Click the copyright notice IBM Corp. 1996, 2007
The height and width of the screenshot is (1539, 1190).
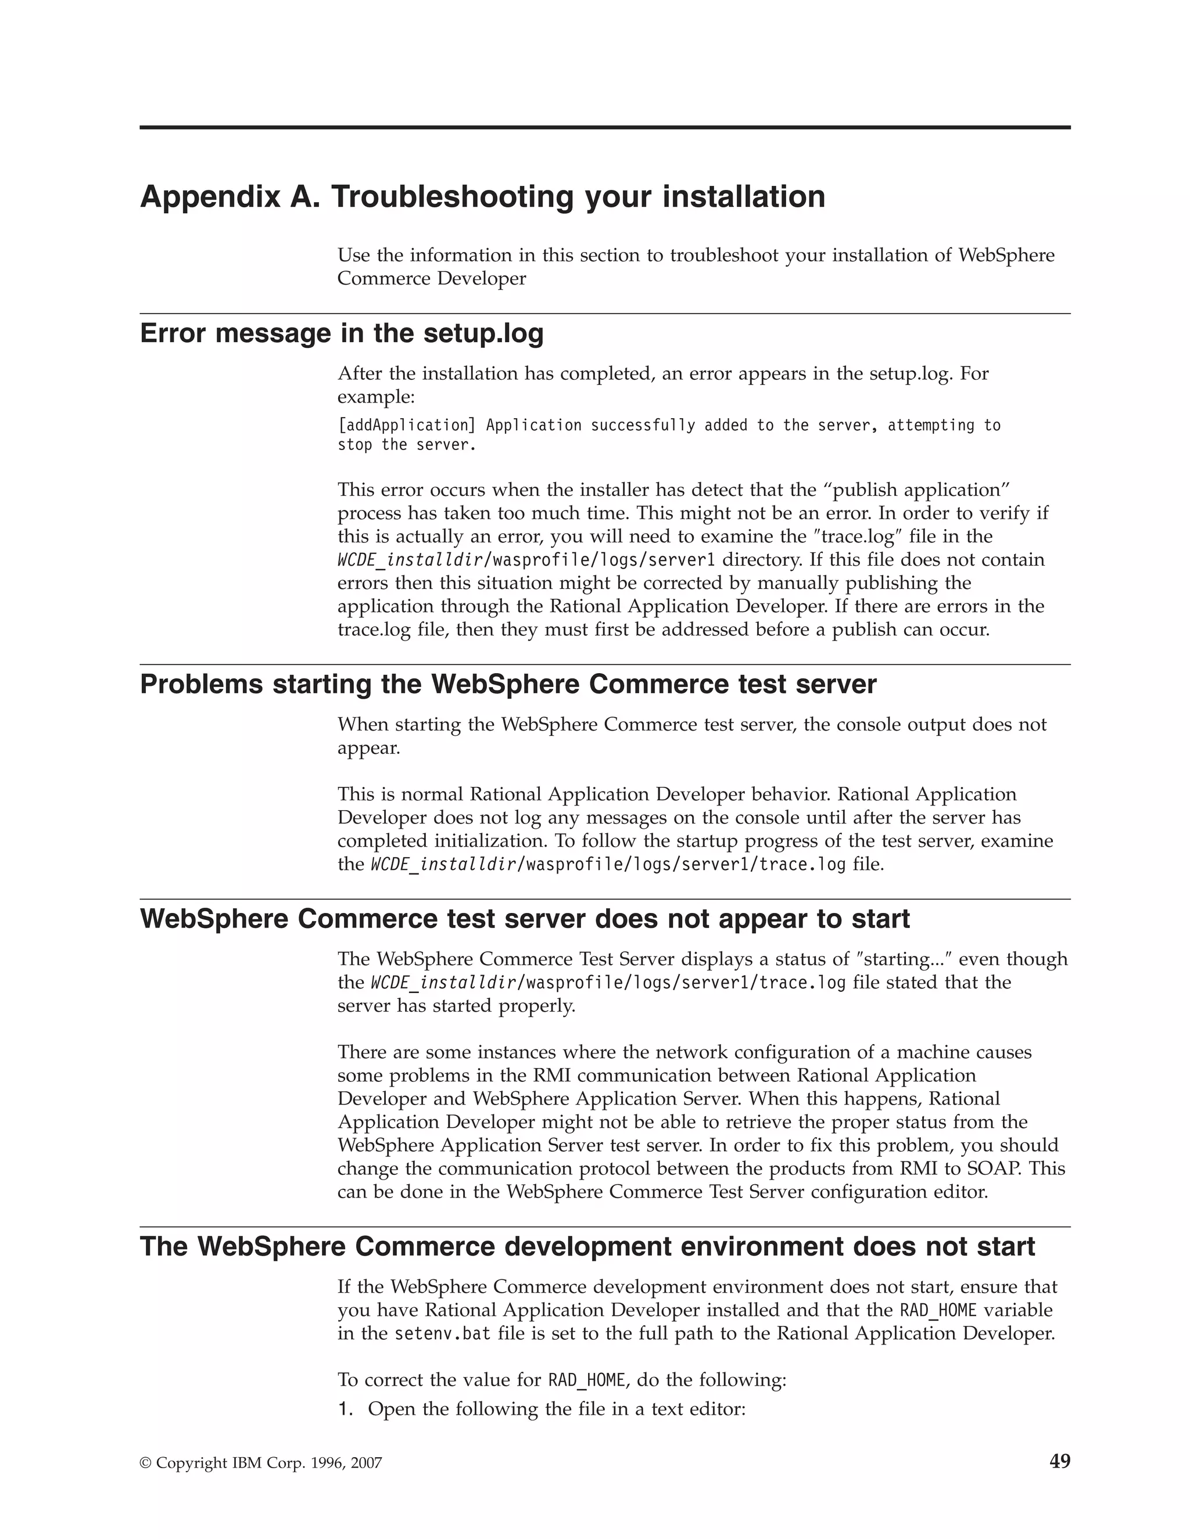pyautogui.click(x=261, y=1464)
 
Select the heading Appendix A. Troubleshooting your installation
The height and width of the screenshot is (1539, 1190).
pyautogui.click(x=482, y=197)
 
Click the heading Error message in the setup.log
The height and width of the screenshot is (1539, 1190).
pyautogui.click(x=342, y=333)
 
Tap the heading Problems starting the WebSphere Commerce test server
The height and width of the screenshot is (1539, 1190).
pyautogui.click(x=508, y=684)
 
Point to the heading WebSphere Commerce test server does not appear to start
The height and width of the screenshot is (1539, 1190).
pyautogui.click(x=525, y=919)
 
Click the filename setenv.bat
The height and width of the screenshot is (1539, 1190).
pyautogui.click(x=442, y=1334)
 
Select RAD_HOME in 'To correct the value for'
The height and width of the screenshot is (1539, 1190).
pyautogui.click(x=586, y=1380)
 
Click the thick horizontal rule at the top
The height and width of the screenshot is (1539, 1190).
pyautogui.click(x=604, y=128)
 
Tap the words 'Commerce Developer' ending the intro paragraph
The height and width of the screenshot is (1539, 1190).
pyautogui.click(x=432, y=279)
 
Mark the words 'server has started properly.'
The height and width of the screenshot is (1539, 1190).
pyautogui.click(x=456, y=1006)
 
